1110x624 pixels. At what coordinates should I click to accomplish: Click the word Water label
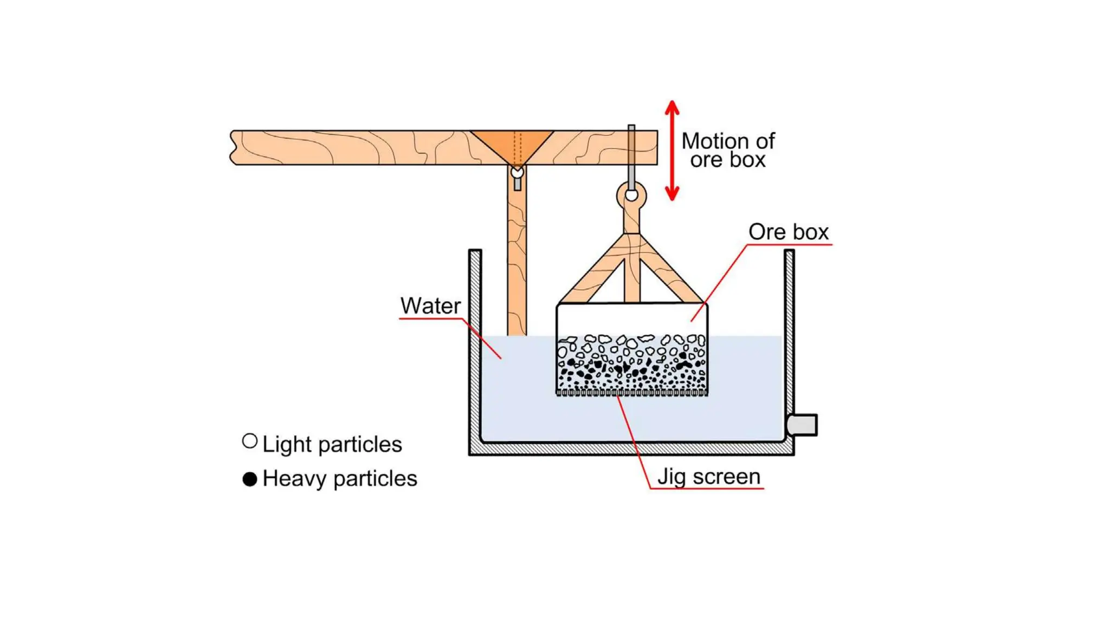coord(430,306)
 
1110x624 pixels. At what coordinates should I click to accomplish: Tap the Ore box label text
coord(788,232)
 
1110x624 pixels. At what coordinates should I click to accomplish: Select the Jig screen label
coord(708,477)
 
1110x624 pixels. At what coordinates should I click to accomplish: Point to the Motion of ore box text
coord(727,150)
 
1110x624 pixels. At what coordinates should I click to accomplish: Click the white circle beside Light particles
coord(250,441)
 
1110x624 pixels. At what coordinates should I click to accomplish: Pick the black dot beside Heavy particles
coord(250,479)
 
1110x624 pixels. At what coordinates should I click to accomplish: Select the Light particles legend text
coord(332,444)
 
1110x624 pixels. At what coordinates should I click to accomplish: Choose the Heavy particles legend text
coord(339,479)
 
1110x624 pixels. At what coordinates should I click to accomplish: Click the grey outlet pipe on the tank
coord(802,425)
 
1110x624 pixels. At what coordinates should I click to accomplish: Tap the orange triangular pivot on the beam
coord(512,144)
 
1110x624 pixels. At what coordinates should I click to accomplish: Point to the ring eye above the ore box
coord(631,195)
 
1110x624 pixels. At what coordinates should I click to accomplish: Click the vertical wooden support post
coord(517,260)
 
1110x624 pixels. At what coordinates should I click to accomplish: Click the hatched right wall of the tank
coord(789,330)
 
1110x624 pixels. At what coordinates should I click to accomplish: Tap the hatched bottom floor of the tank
coord(631,449)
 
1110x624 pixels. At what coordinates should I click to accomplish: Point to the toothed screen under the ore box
coord(632,392)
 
